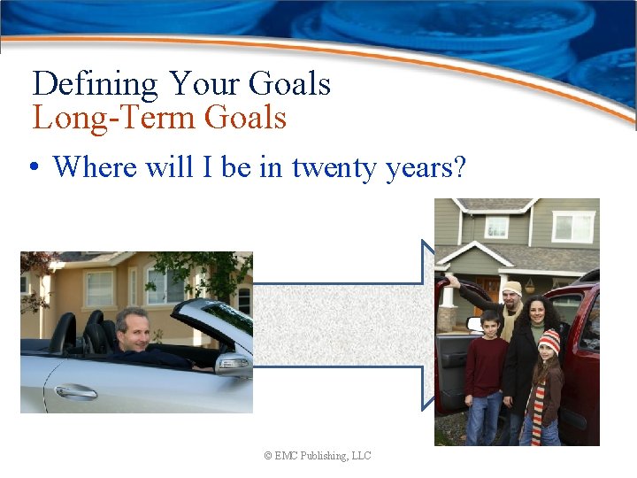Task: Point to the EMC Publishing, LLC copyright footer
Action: tap(318, 456)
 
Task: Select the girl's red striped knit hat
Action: tap(549, 340)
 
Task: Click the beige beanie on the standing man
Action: tap(511, 288)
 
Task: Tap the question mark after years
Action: tap(457, 166)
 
